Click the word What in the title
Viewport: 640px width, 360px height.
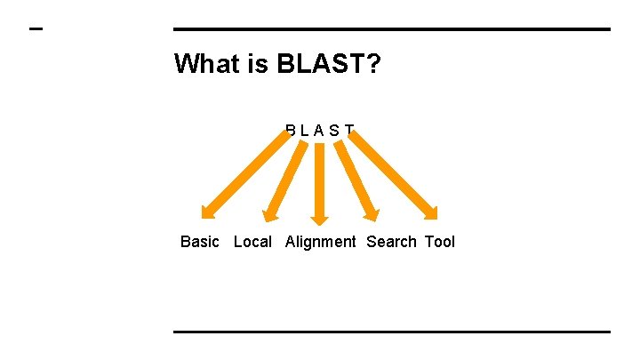point(206,64)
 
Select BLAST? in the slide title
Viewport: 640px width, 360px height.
point(329,64)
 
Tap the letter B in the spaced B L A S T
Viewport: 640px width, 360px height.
point(292,131)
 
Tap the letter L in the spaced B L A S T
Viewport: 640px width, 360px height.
point(305,131)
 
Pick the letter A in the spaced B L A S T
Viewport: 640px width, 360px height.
point(319,131)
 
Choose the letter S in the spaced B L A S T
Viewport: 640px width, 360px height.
point(334,131)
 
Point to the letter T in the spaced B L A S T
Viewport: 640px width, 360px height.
point(349,131)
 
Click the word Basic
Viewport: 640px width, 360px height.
point(200,242)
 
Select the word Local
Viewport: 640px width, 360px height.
point(252,242)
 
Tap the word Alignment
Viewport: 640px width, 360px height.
point(321,242)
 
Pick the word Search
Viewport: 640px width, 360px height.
point(391,242)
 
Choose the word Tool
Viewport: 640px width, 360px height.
point(440,242)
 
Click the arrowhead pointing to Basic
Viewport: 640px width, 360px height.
point(207,212)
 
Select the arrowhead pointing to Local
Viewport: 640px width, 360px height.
point(271,213)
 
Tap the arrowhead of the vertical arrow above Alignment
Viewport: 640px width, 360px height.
point(320,218)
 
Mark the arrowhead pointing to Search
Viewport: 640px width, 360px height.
point(372,213)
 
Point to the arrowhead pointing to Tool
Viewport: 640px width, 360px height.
point(432,212)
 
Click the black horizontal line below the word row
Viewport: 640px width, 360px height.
point(391,332)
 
